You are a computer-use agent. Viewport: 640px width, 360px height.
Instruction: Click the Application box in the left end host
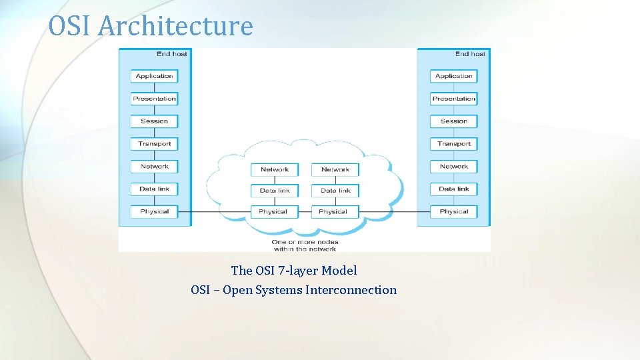pyautogui.click(x=154, y=76)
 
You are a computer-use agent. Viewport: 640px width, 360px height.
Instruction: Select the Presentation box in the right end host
pyautogui.click(x=453, y=99)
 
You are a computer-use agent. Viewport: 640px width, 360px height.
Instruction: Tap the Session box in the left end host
pyautogui.click(x=154, y=121)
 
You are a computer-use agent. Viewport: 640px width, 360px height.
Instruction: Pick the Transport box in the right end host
pyautogui.click(x=453, y=144)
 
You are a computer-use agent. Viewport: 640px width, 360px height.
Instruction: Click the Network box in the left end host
pyautogui.click(x=154, y=167)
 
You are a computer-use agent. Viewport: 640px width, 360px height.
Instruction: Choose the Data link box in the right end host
pyautogui.click(x=453, y=189)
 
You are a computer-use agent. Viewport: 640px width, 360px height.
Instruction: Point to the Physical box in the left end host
pyautogui.click(x=154, y=212)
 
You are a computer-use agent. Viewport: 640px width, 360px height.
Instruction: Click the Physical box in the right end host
pyautogui.click(x=453, y=212)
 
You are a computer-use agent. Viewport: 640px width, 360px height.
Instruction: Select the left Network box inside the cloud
pyautogui.click(x=275, y=169)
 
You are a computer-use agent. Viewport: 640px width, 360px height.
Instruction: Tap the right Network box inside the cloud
pyautogui.click(x=335, y=169)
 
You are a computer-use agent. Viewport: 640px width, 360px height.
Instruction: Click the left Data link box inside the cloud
pyautogui.click(x=275, y=191)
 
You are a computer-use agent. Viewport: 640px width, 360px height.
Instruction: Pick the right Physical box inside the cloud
pyautogui.click(x=333, y=212)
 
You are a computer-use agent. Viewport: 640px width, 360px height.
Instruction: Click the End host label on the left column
pyautogui.click(x=171, y=54)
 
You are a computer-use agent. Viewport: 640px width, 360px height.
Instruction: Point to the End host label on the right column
pyautogui.click(x=471, y=54)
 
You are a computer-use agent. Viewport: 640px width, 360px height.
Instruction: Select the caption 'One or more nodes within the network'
pyautogui.click(x=305, y=245)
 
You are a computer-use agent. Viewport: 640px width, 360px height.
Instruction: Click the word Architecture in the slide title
pyautogui.click(x=176, y=26)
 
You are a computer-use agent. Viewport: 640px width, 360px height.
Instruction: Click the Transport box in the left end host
pyautogui.click(x=154, y=144)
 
